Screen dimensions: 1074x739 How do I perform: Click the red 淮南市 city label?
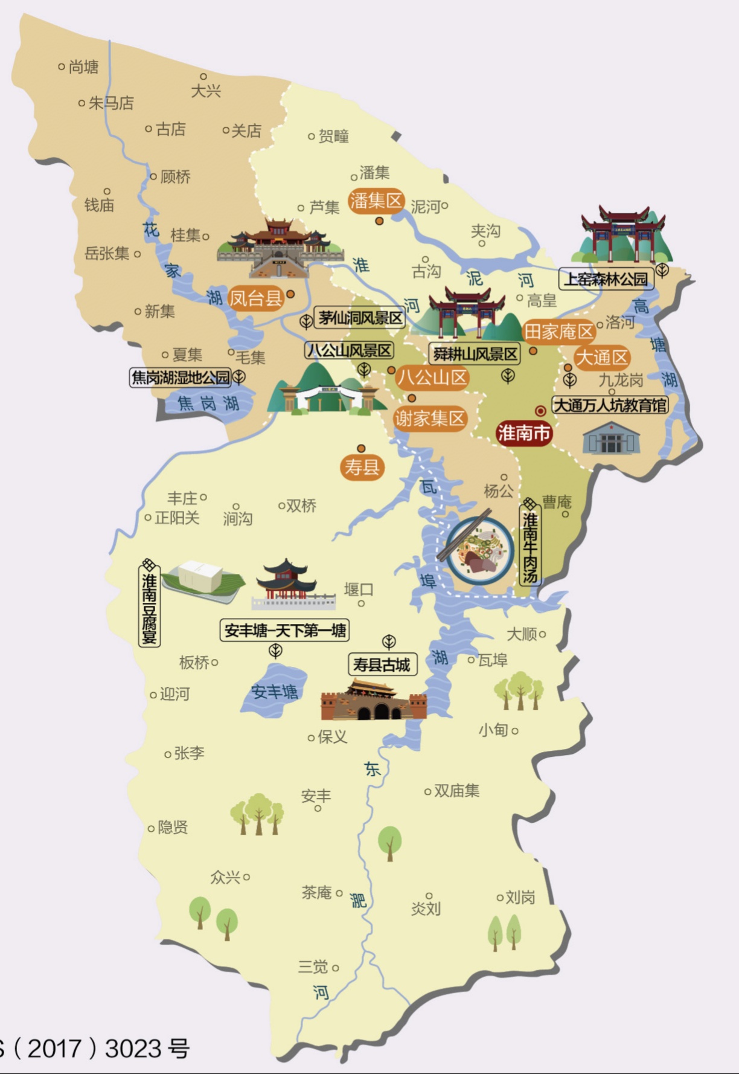click(x=524, y=433)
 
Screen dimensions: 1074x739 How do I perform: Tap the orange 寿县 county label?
click(x=362, y=467)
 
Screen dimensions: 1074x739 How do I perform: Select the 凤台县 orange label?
click(x=255, y=298)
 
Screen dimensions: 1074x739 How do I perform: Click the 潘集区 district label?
click(x=376, y=201)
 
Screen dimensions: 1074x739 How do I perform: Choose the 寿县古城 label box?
click(x=382, y=665)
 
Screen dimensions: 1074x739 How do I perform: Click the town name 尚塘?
click(x=83, y=66)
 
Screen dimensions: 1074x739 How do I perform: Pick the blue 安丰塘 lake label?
click(x=274, y=692)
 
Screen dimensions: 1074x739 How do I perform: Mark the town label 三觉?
click(x=313, y=967)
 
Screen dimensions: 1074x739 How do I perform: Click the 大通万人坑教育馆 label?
click(x=610, y=405)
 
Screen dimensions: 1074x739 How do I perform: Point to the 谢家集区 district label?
click(x=429, y=419)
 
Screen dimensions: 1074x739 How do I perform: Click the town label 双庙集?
click(x=456, y=791)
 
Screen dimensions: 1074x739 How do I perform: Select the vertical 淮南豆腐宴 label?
click(x=149, y=604)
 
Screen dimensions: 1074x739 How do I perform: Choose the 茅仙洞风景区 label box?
click(x=360, y=318)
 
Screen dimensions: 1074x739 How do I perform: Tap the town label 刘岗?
click(x=520, y=898)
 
